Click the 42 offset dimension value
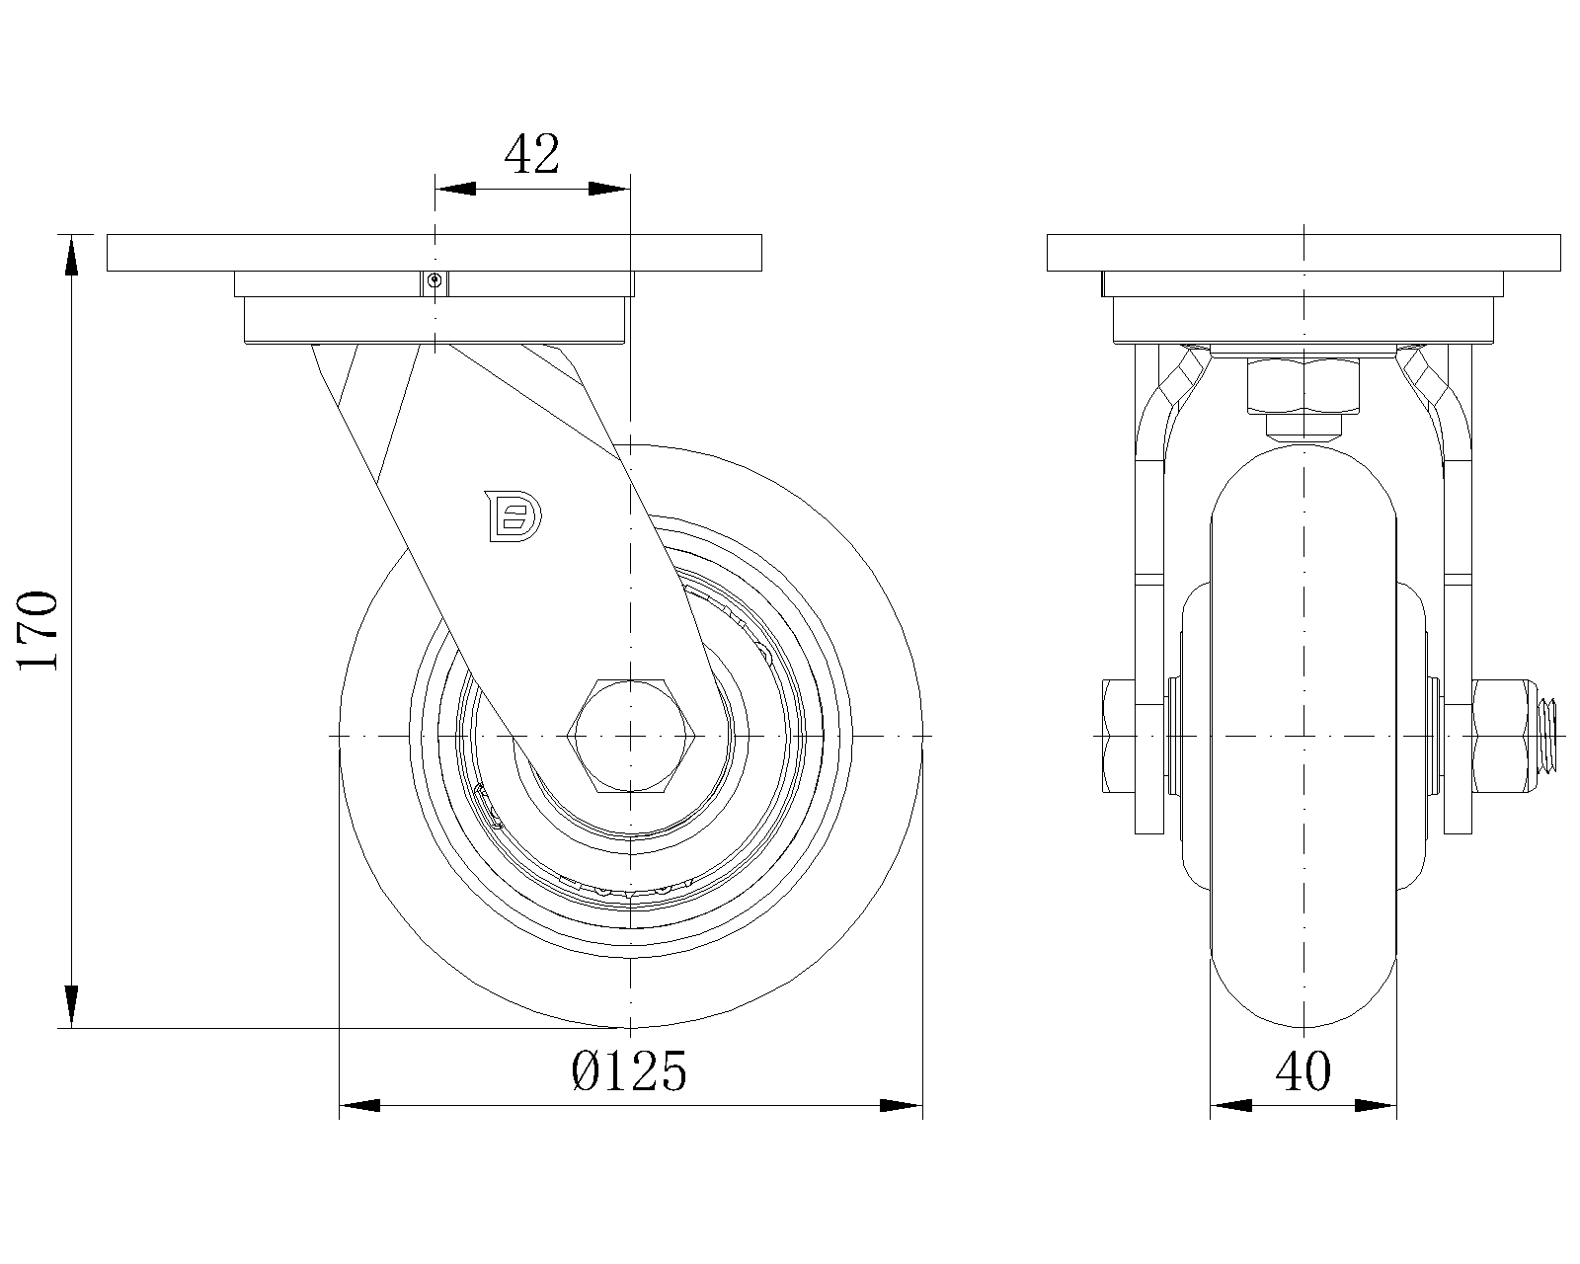tap(532, 154)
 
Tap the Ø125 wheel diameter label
tap(629, 1071)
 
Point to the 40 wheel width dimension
tap(1303, 1071)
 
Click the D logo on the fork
tap(513, 516)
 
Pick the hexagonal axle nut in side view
tap(631, 735)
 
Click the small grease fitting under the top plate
tap(434, 279)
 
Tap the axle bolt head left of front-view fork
tap(1119, 735)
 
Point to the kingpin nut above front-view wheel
tap(1303, 385)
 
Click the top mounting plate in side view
tap(434, 253)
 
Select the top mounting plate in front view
tap(1303, 253)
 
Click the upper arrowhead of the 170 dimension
tap(71, 256)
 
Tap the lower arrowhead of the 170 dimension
tap(71, 1007)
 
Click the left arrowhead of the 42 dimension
tap(455, 189)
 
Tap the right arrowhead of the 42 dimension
tap(609, 189)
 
